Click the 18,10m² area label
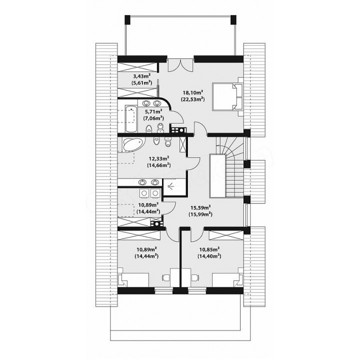(x=193, y=92)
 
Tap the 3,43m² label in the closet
(x=142, y=75)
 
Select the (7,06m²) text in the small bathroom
(x=153, y=118)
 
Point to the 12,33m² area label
(x=159, y=158)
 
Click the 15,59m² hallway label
(x=200, y=207)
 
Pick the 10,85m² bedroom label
(x=209, y=249)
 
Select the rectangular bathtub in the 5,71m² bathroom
(x=131, y=118)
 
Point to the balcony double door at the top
(x=180, y=65)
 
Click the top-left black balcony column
(x=127, y=19)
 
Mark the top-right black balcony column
(x=233, y=19)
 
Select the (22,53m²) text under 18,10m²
(x=193, y=99)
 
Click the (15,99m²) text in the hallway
(x=200, y=214)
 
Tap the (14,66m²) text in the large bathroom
(x=158, y=165)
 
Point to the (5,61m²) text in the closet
(x=142, y=82)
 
